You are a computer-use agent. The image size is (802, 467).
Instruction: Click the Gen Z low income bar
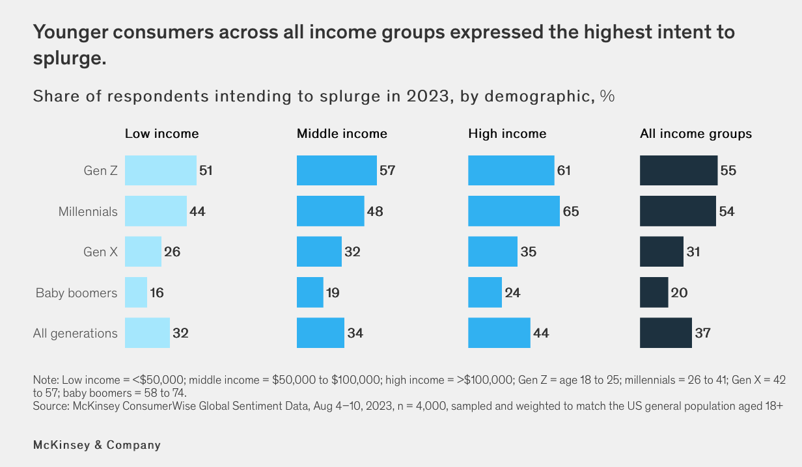point(160,171)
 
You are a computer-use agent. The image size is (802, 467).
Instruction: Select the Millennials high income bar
point(514,211)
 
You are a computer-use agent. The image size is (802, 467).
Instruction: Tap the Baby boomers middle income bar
point(310,293)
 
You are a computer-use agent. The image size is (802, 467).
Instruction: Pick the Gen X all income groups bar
point(661,252)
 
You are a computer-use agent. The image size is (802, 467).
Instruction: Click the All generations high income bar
point(499,333)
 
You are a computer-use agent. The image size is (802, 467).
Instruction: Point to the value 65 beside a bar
point(571,211)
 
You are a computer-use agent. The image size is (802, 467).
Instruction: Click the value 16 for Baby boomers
point(156,293)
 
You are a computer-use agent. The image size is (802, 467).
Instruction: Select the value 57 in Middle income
point(387,171)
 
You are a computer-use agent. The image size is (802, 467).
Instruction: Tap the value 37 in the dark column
point(702,333)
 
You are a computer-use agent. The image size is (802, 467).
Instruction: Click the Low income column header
point(162,134)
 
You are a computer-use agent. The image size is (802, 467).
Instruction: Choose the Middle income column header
point(342,134)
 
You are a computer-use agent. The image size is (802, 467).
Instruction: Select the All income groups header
point(696,134)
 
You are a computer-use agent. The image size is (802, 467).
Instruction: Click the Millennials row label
point(88,211)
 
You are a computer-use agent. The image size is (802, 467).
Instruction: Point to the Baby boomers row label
point(76,293)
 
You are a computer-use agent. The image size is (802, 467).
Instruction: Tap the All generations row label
point(76,334)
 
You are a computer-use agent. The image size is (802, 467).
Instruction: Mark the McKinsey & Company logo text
point(96,446)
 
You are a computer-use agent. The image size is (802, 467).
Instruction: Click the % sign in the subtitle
point(607,96)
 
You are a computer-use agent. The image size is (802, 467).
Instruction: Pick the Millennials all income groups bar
point(678,211)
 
